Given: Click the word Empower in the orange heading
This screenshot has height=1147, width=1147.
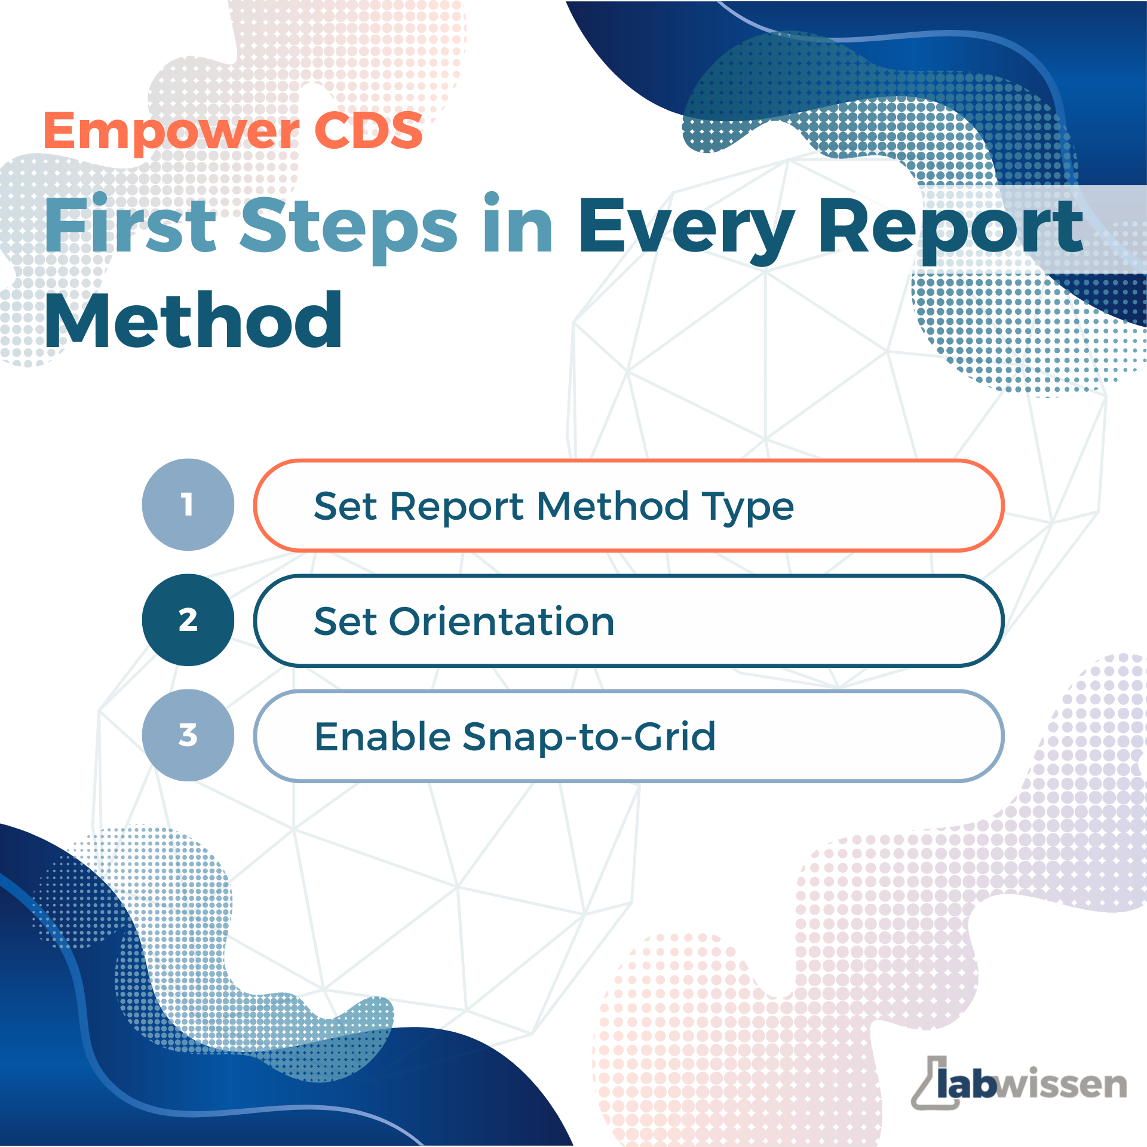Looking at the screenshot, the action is [x=171, y=133].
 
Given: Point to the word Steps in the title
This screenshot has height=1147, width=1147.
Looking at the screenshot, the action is [x=349, y=228].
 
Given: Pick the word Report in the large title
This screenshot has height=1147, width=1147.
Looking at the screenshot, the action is [x=950, y=230].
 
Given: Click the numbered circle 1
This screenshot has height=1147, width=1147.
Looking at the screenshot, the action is [x=188, y=505].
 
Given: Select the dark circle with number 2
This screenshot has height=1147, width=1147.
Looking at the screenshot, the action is [x=188, y=620].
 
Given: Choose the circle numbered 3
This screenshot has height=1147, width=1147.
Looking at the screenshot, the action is [x=188, y=735].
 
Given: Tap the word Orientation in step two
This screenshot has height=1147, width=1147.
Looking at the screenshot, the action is [x=502, y=622].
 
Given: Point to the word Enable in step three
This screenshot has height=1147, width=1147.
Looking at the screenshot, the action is [x=382, y=736].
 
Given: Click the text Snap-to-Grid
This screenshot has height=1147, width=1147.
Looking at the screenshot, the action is [x=589, y=737].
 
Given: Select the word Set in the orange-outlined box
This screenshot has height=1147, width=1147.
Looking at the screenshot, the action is [x=346, y=507].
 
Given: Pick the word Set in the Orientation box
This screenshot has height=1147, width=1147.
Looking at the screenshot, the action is [x=346, y=622].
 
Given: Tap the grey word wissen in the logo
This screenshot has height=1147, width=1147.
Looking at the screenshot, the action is [x=1061, y=1084].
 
